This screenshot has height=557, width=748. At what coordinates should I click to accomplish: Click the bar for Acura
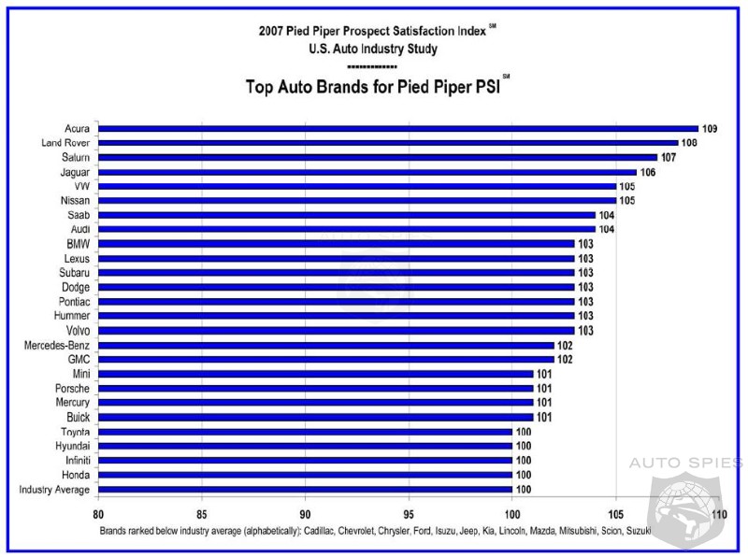tap(398, 129)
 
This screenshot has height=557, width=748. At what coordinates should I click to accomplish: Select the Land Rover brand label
tap(65, 143)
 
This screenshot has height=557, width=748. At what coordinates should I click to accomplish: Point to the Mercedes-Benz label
tap(57, 345)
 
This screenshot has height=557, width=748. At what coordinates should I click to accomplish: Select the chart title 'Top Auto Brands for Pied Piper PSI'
tap(372, 89)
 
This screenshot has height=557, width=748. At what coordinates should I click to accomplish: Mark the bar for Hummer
tap(337, 316)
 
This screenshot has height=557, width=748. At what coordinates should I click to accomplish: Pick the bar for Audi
tap(347, 229)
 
